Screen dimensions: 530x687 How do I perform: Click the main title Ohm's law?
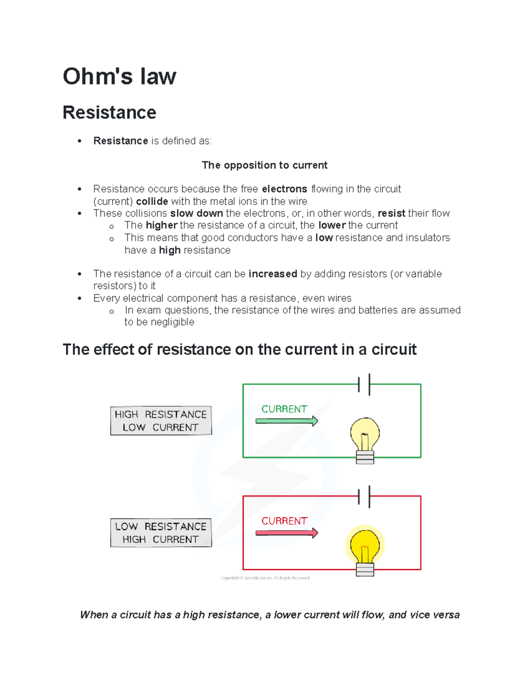(x=119, y=76)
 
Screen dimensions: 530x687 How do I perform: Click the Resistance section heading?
(x=109, y=112)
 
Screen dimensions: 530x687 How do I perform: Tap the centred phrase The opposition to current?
(x=265, y=165)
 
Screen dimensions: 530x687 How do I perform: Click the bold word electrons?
(x=284, y=189)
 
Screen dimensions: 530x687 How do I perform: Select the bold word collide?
(x=152, y=201)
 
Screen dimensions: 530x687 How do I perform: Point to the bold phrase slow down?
(x=197, y=213)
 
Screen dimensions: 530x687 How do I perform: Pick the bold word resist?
(x=391, y=213)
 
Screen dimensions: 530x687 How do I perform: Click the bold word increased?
(x=273, y=274)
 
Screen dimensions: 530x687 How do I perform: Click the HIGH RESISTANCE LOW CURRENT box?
(x=161, y=421)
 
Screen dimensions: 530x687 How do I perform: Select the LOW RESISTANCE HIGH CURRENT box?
(x=161, y=533)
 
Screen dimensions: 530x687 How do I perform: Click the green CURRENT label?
(x=284, y=409)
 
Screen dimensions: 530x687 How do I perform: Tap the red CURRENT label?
(x=284, y=521)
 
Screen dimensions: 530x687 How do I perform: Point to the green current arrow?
(x=287, y=421)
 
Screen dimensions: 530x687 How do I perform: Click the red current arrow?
(x=287, y=533)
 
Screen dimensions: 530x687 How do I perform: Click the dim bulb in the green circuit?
(x=365, y=438)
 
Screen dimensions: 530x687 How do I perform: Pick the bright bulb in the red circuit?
(x=365, y=549)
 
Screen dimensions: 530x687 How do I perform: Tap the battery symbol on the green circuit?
(x=364, y=384)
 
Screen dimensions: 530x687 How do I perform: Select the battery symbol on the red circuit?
(x=364, y=496)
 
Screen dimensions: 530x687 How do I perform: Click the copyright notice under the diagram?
(x=265, y=578)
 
